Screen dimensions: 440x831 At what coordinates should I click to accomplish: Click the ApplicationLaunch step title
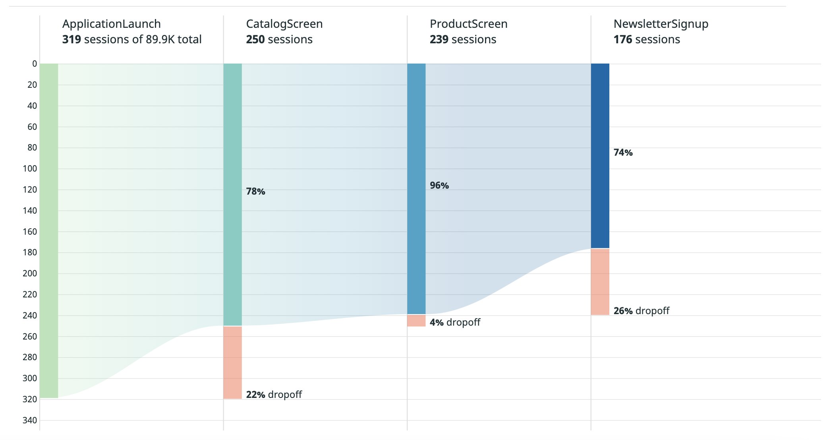tap(111, 24)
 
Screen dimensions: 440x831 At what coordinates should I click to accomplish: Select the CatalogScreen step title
tap(284, 24)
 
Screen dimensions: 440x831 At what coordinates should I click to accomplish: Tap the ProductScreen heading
tap(468, 24)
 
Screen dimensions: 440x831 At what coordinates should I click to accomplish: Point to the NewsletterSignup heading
tap(661, 24)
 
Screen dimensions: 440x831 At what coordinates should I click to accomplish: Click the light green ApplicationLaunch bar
tap(49, 230)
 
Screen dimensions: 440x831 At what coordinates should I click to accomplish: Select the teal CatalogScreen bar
tap(232, 195)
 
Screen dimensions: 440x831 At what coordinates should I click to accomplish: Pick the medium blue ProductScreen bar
tap(416, 189)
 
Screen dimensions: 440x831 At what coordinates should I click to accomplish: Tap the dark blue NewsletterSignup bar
tap(600, 156)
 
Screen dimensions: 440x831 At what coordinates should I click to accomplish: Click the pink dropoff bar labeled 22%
tap(232, 362)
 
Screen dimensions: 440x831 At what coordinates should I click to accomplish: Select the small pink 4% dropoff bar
tap(416, 321)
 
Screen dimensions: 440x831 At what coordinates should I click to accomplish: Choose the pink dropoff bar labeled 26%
tap(600, 282)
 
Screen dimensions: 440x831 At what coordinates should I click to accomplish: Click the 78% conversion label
tap(255, 192)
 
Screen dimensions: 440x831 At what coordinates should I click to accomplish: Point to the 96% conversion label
tap(439, 186)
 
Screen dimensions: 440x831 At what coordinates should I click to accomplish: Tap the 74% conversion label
tap(623, 153)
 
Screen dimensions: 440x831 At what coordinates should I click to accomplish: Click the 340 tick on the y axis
tap(30, 420)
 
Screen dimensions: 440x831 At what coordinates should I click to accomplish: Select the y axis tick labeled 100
tap(30, 169)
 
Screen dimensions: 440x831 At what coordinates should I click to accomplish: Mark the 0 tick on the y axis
tap(35, 64)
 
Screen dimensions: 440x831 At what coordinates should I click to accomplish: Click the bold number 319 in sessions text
tap(72, 40)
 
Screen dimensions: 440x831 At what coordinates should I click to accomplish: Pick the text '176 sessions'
tap(646, 40)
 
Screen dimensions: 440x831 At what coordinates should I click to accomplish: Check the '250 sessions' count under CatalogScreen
tap(279, 40)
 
